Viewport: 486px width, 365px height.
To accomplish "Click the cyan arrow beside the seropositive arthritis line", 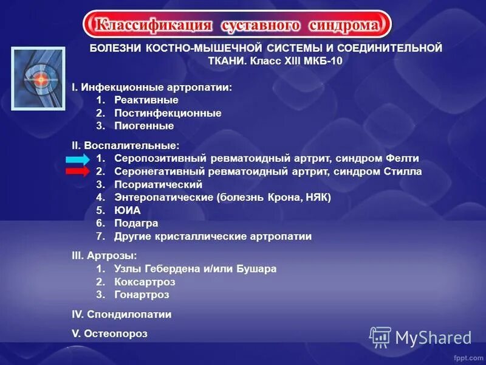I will coord(78,159).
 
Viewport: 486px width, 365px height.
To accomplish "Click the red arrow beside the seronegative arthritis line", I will coord(78,172).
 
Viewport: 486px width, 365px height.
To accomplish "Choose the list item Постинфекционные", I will coord(168,113).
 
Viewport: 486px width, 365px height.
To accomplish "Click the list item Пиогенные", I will coord(144,126).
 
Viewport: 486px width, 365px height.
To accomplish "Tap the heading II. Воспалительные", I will coord(126,145).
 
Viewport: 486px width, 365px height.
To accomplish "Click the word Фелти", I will coord(401,159).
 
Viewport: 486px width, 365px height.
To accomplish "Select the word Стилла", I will coord(401,172).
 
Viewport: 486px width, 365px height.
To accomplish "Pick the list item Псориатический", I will coord(158,184).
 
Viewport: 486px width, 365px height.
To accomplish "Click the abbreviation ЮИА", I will coord(127,210).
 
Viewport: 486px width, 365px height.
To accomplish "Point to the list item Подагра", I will coord(136,223).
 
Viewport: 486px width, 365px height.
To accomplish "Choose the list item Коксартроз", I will coord(145,282).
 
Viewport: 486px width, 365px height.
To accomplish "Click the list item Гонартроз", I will coord(142,294).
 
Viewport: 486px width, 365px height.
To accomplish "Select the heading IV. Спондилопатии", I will coord(122,315).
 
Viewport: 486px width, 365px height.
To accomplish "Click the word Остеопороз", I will coord(116,334).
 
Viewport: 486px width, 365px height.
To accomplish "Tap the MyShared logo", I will coord(420,337).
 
